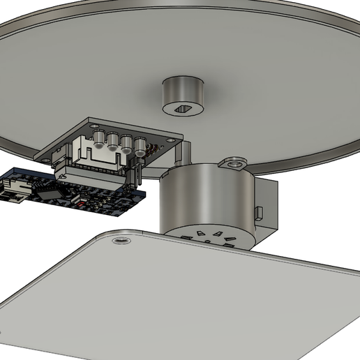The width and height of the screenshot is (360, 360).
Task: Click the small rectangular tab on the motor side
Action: (259, 211)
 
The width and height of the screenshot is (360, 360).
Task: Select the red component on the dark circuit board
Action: (84, 204)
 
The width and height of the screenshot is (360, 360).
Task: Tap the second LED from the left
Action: (113, 141)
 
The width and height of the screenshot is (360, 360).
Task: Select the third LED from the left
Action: (127, 144)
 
